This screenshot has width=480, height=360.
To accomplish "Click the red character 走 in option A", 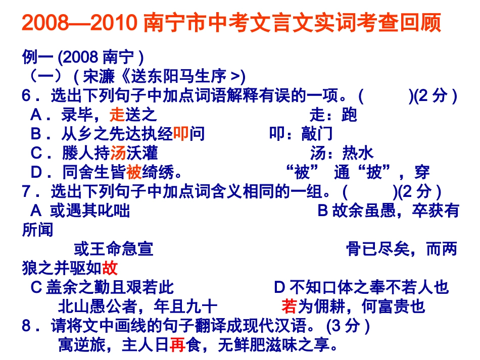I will [x=117, y=115].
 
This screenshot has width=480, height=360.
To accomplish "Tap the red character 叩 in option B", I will [x=181, y=134].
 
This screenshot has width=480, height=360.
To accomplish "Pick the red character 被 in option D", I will [x=133, y=172].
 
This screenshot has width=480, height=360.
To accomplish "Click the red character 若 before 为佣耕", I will [x=289, y=306].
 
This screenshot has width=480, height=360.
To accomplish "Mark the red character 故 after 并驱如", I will [x=110, y=268].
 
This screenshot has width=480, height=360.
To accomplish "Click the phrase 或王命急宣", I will [x=113, y=249].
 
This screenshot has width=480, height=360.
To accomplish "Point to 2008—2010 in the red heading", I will [x=81, y=23].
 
